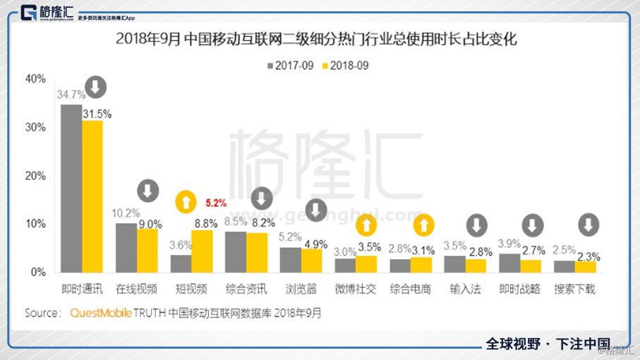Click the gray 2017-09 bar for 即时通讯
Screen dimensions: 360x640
tap(71, 188)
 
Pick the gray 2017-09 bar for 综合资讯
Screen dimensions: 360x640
tap(236, 251)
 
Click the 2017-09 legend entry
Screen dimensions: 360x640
tap(290, 65)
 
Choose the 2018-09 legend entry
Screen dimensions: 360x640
tap(345, 65)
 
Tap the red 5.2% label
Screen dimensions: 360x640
tap(216, 203)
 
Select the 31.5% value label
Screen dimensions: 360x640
tap(97, 113)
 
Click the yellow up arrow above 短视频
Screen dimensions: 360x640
tap(186, 203)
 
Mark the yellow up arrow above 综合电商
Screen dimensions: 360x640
tap(423, 225)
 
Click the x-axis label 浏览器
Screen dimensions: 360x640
tap(301, 289)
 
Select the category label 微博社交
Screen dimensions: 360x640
tap(355, 289)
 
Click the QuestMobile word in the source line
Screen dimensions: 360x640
tap(100, 313)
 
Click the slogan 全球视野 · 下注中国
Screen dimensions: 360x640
tap(547, 344)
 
